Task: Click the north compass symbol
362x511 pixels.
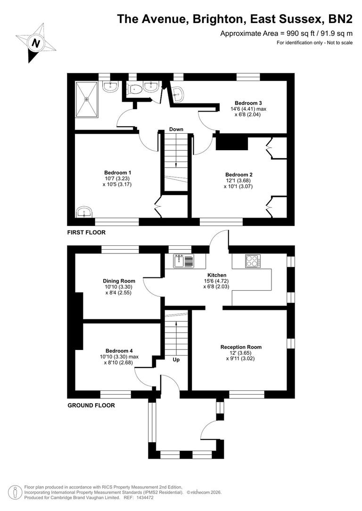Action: click(x=35, y=43)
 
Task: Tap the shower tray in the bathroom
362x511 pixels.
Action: click(x=87, y=99)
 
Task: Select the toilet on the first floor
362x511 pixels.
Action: click(x=136, y=88)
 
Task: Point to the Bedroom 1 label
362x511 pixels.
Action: click(x=117, y=172)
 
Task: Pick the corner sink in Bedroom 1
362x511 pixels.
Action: click(x=85, y=211)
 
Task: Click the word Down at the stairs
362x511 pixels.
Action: click(x=176, y=130)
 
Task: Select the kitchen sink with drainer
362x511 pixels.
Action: click(x=183, y=260)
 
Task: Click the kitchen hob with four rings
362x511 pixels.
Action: click(x=252, y=260)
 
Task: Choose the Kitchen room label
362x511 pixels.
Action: click(x=217, y=275)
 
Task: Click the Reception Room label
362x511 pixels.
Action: click(x=241, y=347)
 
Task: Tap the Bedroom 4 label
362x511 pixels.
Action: click(x=119, y=350)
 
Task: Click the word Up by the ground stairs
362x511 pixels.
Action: click(x=176, y=360)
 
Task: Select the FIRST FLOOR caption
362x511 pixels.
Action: click(x=86, y=233)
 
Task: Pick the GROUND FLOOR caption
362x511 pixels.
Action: click(x=91, y=406)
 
